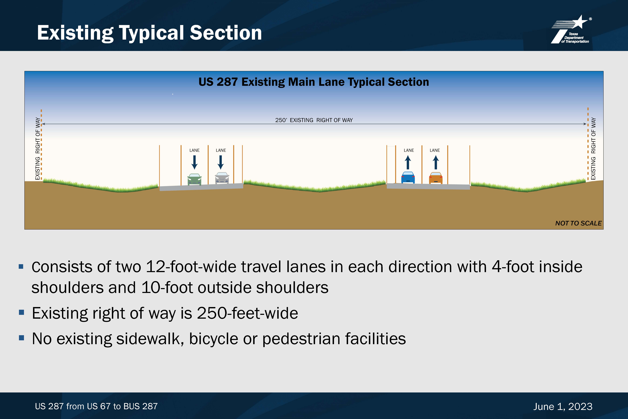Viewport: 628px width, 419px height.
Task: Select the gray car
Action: pos(222,178)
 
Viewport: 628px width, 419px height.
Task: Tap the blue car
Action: pos(408,177)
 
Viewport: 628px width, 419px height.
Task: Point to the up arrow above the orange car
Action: pos(436,162)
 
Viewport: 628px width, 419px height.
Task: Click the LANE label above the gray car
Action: pos(221,150)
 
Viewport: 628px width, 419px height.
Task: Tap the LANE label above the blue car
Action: pos(409,150)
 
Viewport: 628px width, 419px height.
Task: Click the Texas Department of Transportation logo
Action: pos(571,29)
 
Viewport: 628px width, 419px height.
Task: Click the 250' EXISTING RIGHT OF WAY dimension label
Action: pos(314,120)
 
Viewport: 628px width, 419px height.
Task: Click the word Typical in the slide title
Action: pos(152,33)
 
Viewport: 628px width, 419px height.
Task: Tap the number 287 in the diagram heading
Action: pos(227,82)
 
